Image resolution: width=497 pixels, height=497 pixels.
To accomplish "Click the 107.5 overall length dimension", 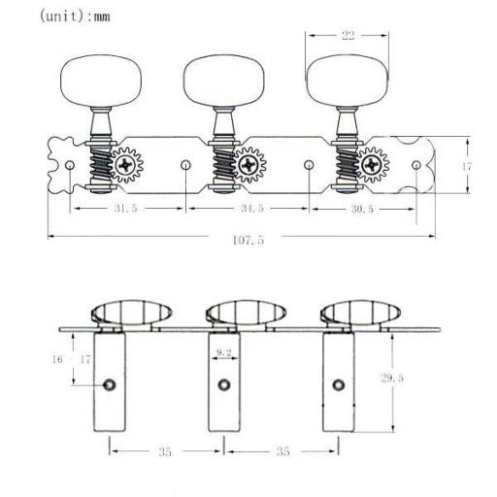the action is point(248,240).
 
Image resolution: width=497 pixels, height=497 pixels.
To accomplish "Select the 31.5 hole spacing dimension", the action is point(125,208).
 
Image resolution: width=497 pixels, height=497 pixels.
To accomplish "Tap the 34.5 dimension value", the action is point(252,208).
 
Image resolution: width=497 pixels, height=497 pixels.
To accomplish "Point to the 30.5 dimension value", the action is point(362,209).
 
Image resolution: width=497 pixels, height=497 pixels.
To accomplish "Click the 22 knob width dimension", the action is point(348,35).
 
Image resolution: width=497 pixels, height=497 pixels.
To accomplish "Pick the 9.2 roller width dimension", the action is point(224,352).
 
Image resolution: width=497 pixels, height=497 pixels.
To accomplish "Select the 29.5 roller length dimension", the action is point(392,378).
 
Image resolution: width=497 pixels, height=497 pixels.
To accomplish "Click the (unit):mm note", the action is point(75,16).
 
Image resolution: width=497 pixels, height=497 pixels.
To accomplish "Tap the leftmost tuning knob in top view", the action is point(101,81).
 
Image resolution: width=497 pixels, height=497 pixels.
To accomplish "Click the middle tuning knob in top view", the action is point(223,81).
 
